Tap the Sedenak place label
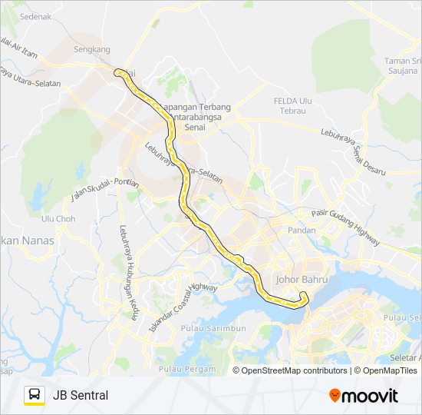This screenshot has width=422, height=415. tap(35, 15)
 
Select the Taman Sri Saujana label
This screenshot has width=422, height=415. tap(403, 66)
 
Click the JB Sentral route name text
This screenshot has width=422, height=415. tap(81, 395)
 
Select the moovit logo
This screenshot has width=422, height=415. tap(364, 396)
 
